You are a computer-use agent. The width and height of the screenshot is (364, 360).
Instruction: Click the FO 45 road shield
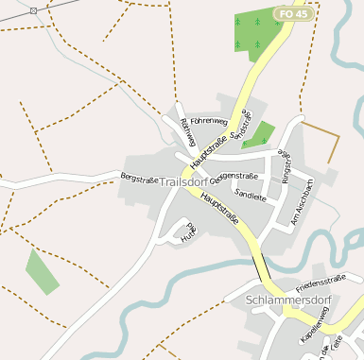(292, 13)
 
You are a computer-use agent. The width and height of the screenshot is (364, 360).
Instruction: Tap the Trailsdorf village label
(186, 181)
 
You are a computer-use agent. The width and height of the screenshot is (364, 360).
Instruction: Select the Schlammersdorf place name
(286, 300)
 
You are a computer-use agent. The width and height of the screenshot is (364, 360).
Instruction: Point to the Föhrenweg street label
(209, 122)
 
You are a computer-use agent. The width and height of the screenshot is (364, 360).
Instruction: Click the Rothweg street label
(188, 138)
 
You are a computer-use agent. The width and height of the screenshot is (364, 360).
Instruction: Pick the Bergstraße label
(138, 178)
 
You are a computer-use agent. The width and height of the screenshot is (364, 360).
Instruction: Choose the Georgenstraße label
(235, 177)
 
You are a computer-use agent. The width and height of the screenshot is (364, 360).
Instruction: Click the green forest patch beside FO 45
(251, 34)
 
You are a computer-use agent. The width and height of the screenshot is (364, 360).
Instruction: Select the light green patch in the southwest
(42, 271)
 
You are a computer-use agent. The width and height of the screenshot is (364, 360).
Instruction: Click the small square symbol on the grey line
(34, 9)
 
